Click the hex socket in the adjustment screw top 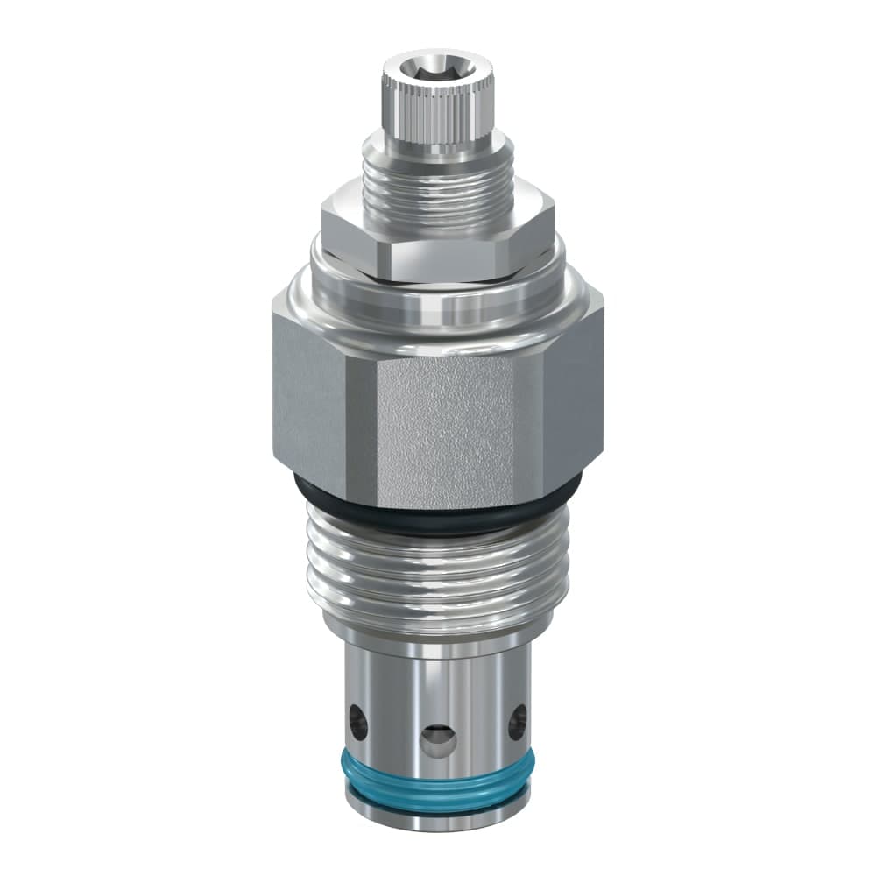[434, 67]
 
